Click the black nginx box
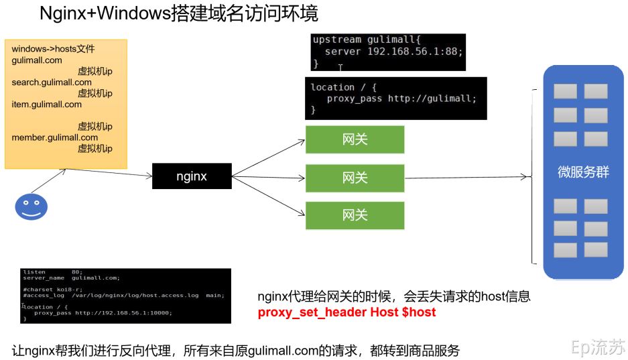tap(192, 176)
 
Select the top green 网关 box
tap(355, 139)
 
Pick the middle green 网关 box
tap(355, 178)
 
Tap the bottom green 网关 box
tap(355, 215)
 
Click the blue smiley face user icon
tap(31, 206)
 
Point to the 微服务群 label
tap(583, 172)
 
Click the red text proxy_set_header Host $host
tap(347, 312)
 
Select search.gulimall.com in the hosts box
tap(52, 82)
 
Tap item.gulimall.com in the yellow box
tap(46, 105)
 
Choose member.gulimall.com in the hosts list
tap(54, 137)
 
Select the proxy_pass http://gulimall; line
tap(401, 99)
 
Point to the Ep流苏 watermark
tap(597, 347)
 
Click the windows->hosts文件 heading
tap(54, 49)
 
